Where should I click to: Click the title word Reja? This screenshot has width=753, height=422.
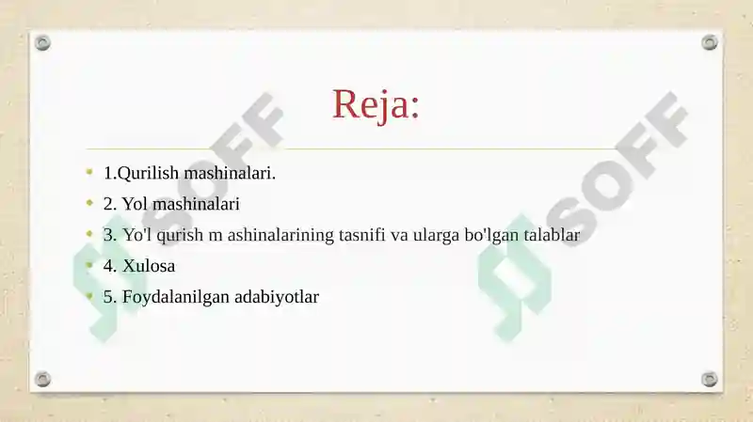[376, 104]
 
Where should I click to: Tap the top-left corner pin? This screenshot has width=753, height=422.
[42, 43]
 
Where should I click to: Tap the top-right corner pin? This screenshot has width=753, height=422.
[710, 43]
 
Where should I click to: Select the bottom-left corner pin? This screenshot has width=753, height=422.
[42, 379]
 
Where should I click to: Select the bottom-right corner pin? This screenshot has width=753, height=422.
[710, 379]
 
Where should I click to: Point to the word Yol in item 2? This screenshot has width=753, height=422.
[135, 204]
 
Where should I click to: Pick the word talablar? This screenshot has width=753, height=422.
[546, 235]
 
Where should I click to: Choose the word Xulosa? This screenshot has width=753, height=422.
[149, 266]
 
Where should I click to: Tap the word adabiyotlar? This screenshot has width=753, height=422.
[272, 297]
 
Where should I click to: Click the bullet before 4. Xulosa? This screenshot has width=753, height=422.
[88, 265]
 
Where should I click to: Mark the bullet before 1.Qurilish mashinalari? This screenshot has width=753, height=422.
[88, 173]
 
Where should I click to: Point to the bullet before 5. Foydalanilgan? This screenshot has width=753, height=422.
[88, 296]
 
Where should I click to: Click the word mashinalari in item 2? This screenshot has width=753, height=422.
[196, 204]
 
